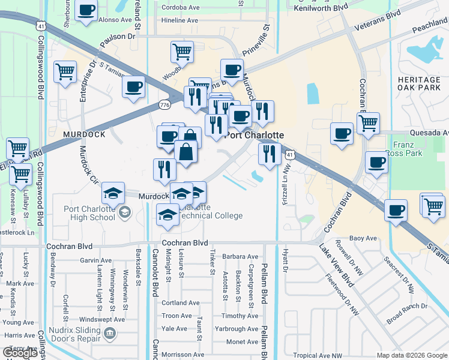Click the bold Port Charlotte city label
tap(254, 136)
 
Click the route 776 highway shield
tap(164, 105)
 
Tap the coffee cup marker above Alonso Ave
tap(86, 11)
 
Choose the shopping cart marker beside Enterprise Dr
tap(65, 72)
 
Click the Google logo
tap(20, 352)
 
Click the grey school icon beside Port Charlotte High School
tap(125, 211)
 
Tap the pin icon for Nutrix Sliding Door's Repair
tap(109, 333)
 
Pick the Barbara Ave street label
tap(240, 256)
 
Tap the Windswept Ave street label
tap(102, 320)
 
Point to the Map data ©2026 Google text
tap(411, 355)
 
